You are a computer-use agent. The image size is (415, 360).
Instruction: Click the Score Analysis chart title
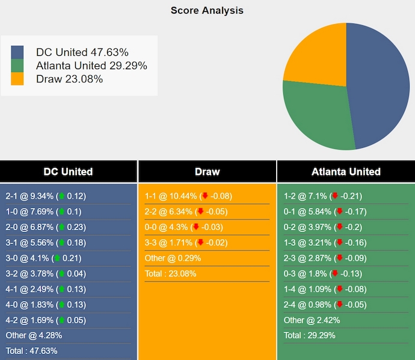tap(207, 10)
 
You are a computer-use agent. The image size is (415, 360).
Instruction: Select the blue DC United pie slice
tap(379, 84)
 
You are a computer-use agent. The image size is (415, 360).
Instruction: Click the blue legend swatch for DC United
tap(17, 52)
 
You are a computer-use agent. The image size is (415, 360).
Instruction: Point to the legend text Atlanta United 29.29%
tap(91, 66)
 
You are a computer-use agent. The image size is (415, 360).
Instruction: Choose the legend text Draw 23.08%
tap(69, 79)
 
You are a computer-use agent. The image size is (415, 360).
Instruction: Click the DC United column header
tap(68, 171)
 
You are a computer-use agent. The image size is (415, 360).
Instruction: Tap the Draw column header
tap(207, 171)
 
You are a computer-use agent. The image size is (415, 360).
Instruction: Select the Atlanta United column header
tap(346, 171)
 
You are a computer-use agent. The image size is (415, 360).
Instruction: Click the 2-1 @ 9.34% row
tap(46, 196)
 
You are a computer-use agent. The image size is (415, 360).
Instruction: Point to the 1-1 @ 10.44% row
tap(188, 196)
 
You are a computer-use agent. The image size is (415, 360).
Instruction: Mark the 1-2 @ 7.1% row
tap(323, 196)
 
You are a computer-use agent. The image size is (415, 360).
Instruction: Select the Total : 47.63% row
tap(32, 351)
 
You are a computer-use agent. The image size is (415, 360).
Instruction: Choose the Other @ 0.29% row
tap(173, 258)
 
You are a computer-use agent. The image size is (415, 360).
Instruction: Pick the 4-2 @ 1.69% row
tap(46, 320)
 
